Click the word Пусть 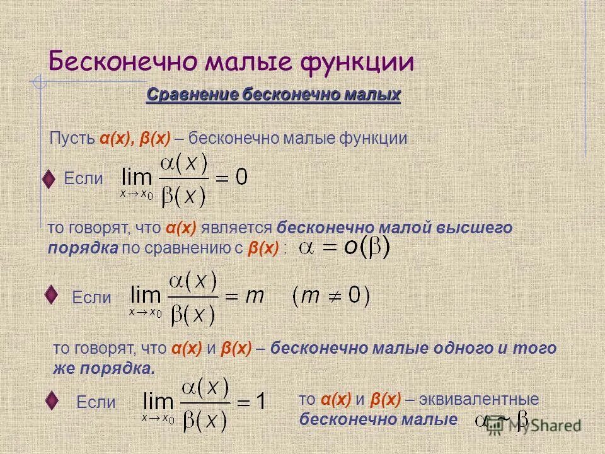tap(72, 139)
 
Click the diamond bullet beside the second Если tap(53, 294)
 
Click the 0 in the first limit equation tap(241, 178)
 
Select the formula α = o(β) tap(344, 247)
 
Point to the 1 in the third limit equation tap(261, 401)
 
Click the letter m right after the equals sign tap(253, 297)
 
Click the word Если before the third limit tap(96, 402)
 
